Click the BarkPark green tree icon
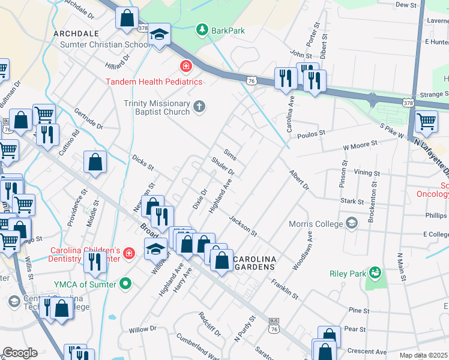pyautogui.click(x=202, y=30)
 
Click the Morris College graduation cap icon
pyautogui.click(x=352, y=223)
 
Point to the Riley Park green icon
pyautogui.click(x=375, y=273)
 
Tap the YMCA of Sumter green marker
pyautogui.click(x=125, y=283)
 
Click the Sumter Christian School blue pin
pyautogui.click(x=160, y=34)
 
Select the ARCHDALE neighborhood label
pyautogui.click(x=76, y=34)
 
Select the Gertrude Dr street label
pyautogui.click(x=88, y=118)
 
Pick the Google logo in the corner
pyautogui.click(x=20, y=353)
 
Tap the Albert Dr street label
pyautogui.click(x=298, y=180)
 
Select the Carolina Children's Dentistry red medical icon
pyautogui.click(x=128, y=254)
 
